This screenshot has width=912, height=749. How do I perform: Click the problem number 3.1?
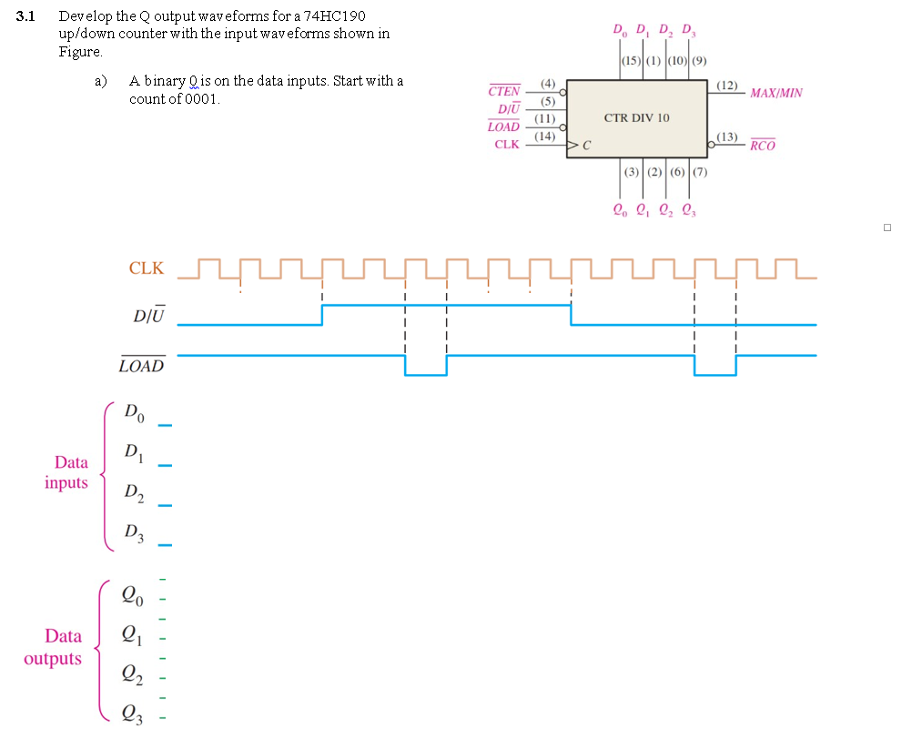pos(25,16)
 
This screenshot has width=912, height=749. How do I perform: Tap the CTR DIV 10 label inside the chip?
pos(636,117)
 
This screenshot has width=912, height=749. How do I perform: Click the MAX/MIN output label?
pos(775,93)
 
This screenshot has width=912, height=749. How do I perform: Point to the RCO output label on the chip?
pos(763,146)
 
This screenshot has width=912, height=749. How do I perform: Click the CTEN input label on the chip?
pos(504,92)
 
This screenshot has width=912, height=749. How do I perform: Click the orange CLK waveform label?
pos(147,268)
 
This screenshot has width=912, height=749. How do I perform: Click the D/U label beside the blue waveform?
pos(148,316)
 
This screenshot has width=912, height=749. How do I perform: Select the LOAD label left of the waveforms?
pos(142,366)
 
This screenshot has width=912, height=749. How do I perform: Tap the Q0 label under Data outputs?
pos(132,597)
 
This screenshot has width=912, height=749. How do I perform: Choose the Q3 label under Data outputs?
pos(133,713)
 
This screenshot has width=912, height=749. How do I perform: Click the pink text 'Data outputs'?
pos(54,647)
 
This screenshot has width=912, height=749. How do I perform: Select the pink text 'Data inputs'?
pos(66,472)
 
